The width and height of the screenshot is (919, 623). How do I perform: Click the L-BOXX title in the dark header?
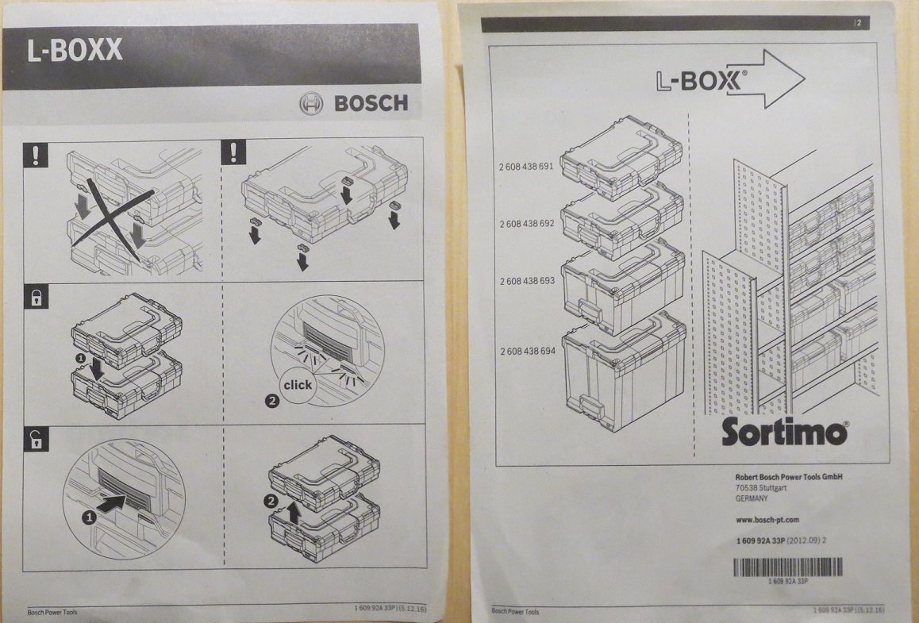click(75, 51)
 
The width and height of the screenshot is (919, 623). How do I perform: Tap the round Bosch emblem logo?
click(311, 104)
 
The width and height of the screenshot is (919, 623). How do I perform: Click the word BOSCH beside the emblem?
click(371, 103)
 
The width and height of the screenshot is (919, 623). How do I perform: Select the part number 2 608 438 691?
click(526, 167)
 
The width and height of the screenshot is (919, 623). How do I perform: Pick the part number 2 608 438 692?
click(527, 223)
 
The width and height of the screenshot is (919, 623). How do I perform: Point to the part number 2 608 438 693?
click(527, 281)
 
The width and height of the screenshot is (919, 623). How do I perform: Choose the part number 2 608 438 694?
click(528, 351)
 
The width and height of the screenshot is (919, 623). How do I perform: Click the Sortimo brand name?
click(785, 432)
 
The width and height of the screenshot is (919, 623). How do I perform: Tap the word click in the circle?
click(298, 385)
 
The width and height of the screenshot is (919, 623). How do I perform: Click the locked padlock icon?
click(36, 297)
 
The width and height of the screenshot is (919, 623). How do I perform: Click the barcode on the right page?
click(788, 567)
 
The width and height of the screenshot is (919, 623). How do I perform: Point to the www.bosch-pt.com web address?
click(767, 519)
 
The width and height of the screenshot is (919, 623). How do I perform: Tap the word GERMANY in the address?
click(752, 498)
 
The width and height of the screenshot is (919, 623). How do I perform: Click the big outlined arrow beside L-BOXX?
click(766, 79)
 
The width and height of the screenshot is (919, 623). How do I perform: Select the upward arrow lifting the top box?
click(294, 513)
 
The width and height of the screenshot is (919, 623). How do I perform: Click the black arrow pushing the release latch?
click(111, 503)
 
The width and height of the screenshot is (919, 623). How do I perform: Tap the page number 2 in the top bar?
click(859, 24)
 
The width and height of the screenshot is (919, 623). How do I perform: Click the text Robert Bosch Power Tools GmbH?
click(789, 477)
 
